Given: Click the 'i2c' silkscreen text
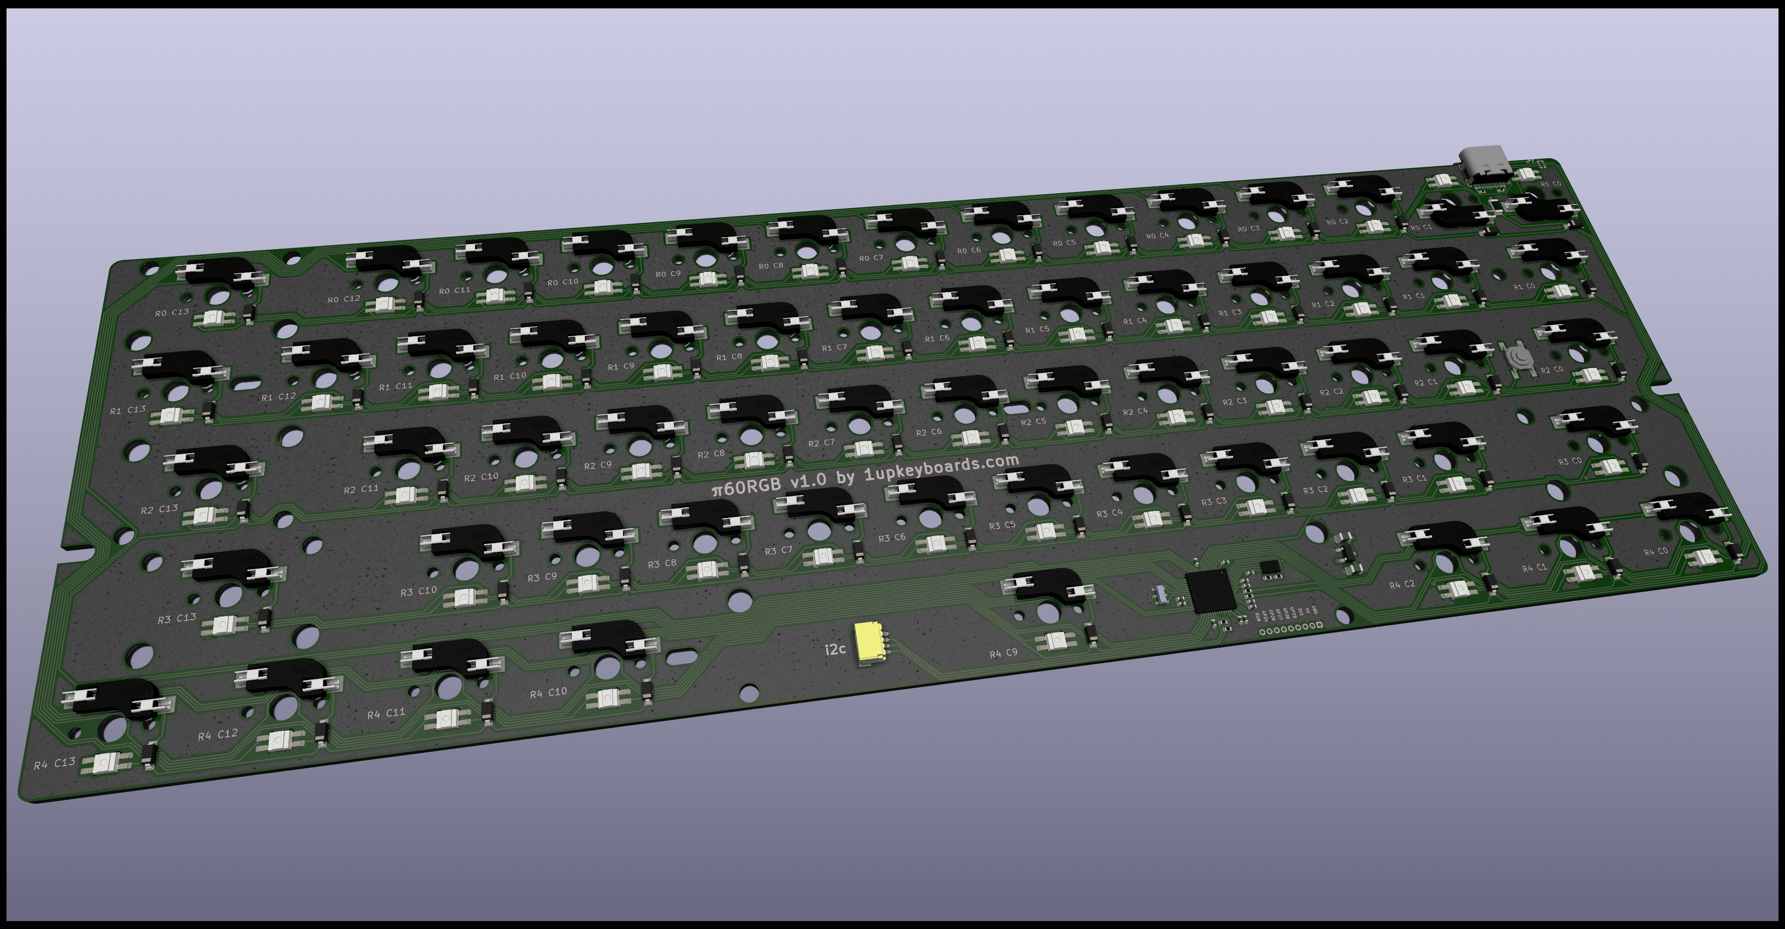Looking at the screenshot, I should pyautogui.click(x=835, y=649).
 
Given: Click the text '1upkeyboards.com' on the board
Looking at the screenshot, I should pyautogui.click(x=942, y=468).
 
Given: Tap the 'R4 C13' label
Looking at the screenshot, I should pyautogui.click(x=55, y=763).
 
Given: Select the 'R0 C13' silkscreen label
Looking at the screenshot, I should pyautogui.click(x=172, y=312).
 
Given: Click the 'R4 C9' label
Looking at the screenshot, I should pyautogui.click(x=1003, y=653).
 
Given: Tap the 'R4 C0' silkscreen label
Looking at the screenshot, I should pyautogui.click(x=1656, y=552).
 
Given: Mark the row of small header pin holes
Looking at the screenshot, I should pyautogui.click(x=1290, y=629).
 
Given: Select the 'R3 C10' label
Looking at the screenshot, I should pyautogui.click(x=418, y=590).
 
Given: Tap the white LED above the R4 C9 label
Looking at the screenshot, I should pyautogui.click(x=1055, y=641).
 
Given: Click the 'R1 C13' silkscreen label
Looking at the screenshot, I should pyautogui.click(x=127, y=410).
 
